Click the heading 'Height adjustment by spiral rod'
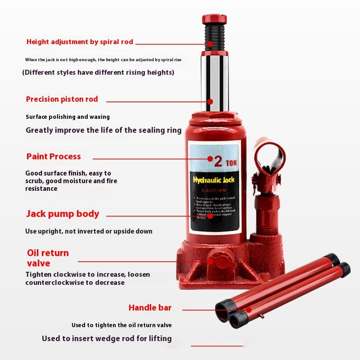coord(80,42)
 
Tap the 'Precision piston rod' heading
coord(62,99)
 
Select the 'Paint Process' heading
coord(54,157)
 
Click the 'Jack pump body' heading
coord(63,214)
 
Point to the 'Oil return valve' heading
coord(47,258)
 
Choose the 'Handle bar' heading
coord(150,308)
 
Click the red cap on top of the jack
coord(214,19)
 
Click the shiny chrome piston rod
coord(217,81)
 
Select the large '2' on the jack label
coord(218,161)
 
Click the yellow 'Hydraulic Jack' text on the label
coord(214,180)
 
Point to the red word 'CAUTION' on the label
coord(214,190)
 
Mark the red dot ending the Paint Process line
coord(210,158)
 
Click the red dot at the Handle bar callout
coord(248,310)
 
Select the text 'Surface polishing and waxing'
coord(67,117)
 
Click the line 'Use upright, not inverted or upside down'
coord(89,231)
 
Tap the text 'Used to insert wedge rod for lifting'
coord(107,338)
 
